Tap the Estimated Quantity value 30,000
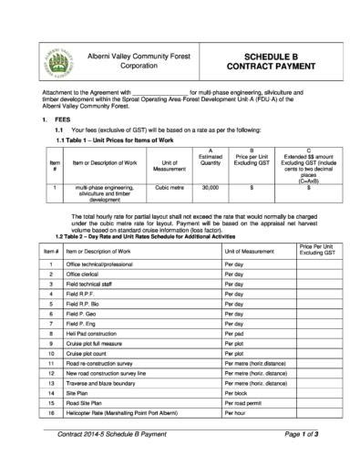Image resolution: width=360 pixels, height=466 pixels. tap(211, 188)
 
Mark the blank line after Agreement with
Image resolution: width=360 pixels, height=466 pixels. tap(160, 92)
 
